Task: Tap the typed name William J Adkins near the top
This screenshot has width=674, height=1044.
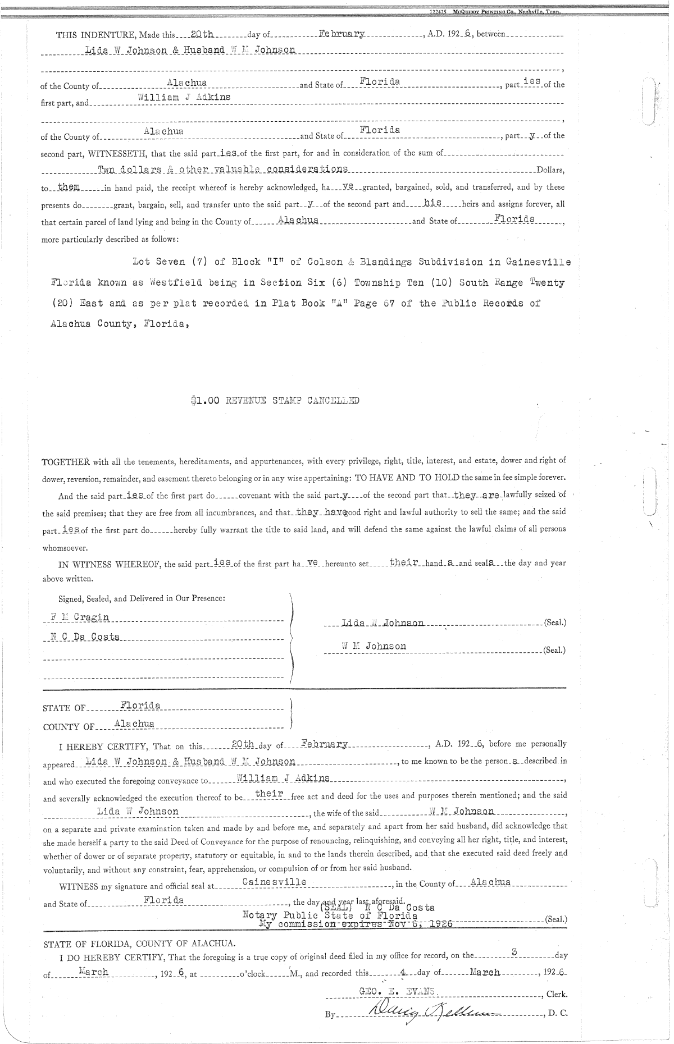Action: tap(184, 97)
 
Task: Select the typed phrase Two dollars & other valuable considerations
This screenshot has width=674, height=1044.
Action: tap(223, 169)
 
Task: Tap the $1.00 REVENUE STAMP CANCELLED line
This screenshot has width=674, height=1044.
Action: tap(274, 401)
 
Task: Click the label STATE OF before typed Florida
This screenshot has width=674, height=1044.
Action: tap(64, 708)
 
